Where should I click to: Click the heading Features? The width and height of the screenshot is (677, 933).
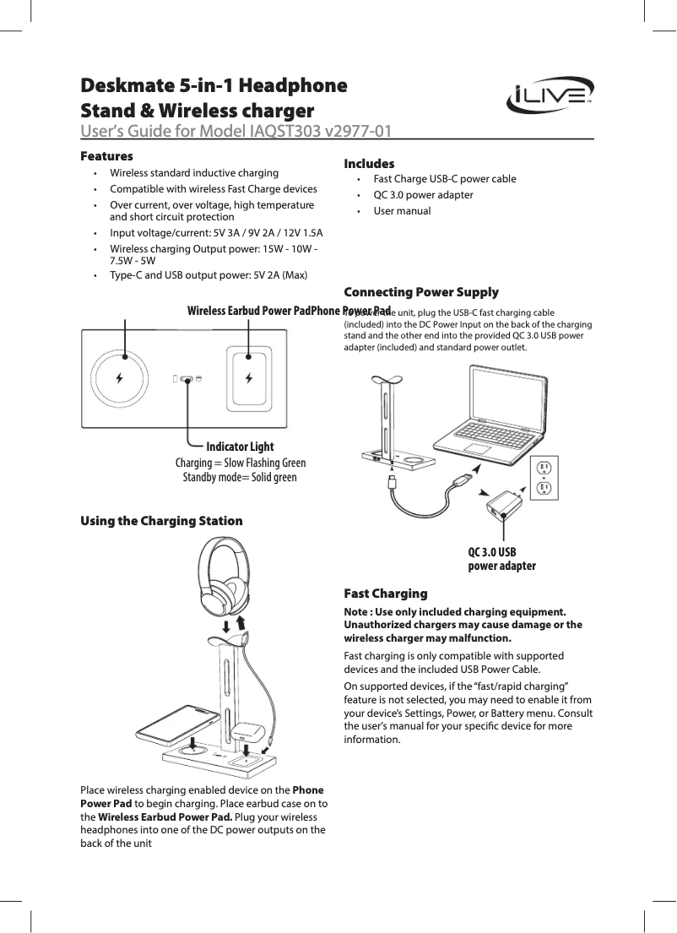(106, 156)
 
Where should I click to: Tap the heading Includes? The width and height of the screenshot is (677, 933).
(369, 163)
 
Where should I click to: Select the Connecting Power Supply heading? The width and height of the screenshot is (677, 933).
(421, 292)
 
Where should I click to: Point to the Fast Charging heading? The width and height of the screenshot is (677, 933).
(386, 594)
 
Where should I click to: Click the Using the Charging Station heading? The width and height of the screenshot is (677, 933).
(161, 520)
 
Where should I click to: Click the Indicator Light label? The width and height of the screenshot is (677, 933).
(240, 446)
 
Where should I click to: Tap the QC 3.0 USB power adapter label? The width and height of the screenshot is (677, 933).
(501, 559)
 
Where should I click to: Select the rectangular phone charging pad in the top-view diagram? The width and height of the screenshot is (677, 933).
(249, 377)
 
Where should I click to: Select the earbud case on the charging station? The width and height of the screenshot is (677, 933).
(246, 733)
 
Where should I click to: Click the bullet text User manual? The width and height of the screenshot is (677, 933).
(402, 211)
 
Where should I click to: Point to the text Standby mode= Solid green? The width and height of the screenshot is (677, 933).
(240, 477)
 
